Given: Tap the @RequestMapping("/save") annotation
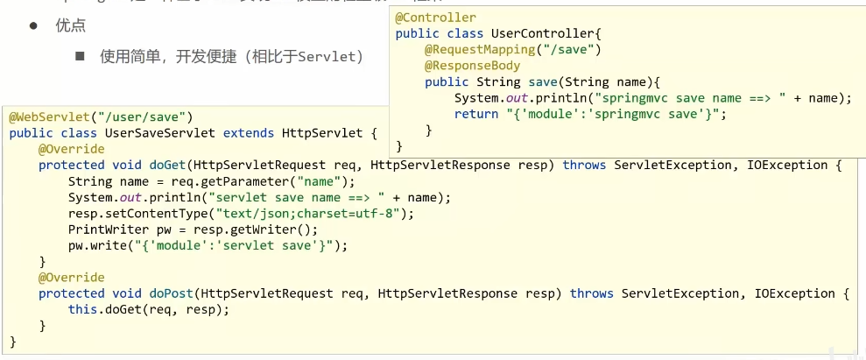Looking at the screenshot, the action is click(513, 50).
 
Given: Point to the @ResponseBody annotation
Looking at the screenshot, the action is click(473, 66).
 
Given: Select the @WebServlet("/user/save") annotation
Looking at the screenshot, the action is click(101, 116).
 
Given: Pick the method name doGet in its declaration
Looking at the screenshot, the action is click(168, 165).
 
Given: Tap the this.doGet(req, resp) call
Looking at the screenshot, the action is click(149, 309).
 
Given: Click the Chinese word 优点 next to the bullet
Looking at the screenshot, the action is click(71, 25).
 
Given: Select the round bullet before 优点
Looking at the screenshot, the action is click(34, 25).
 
